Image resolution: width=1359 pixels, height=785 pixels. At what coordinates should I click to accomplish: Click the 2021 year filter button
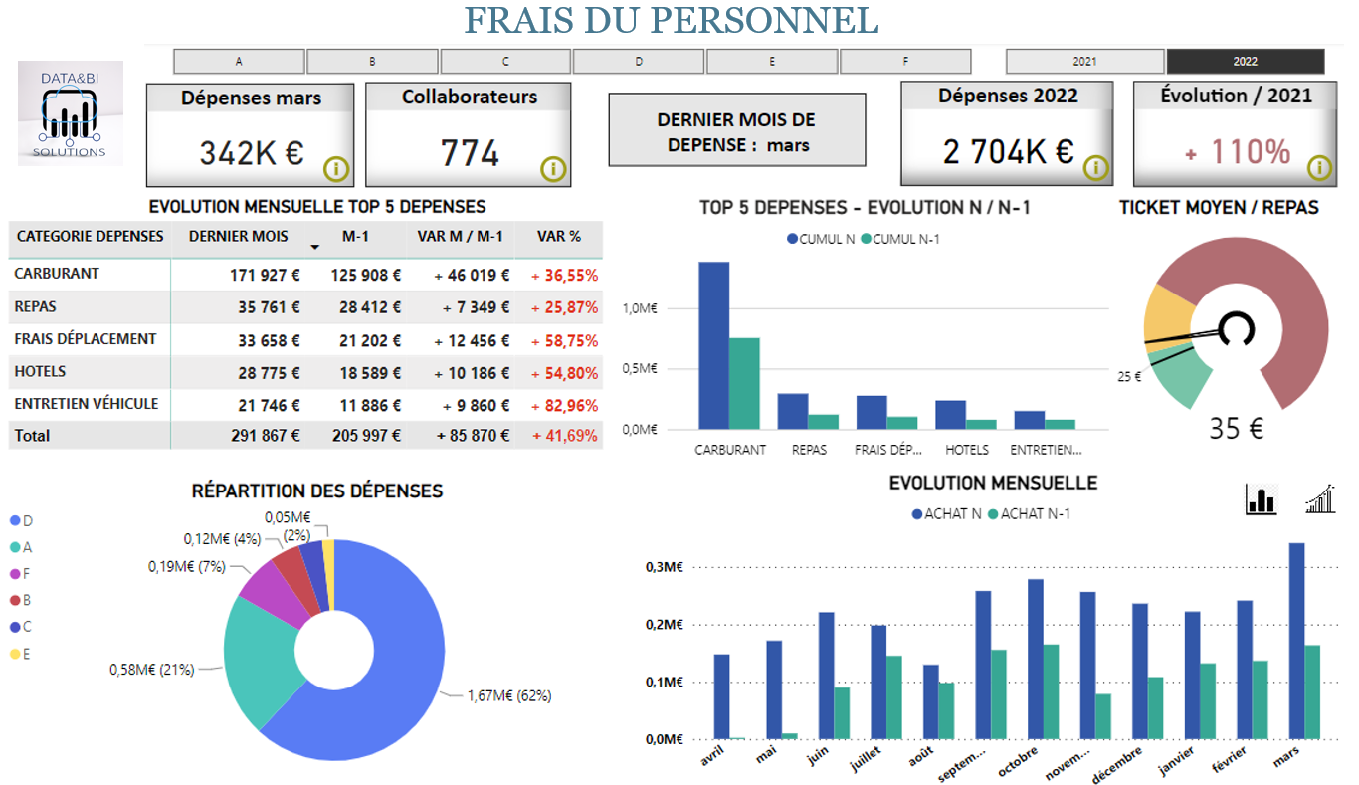1084,62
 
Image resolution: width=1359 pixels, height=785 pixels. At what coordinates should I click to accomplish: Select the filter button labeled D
639,62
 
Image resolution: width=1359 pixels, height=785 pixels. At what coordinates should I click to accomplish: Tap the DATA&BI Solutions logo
70,113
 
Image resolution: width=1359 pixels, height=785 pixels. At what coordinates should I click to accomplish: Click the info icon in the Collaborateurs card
553,169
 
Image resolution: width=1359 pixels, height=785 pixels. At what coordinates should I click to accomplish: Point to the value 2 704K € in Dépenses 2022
1008,151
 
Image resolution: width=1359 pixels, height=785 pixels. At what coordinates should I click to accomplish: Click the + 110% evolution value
1237,152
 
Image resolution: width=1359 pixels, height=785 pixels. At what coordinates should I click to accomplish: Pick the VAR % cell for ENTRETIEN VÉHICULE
564,405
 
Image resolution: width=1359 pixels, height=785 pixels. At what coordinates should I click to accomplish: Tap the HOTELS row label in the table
40,371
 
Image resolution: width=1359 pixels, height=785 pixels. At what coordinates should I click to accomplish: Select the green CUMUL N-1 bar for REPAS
823,422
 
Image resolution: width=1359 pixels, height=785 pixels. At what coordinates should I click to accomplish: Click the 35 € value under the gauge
1236,429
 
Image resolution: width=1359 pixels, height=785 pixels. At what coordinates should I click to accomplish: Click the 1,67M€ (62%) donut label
508,696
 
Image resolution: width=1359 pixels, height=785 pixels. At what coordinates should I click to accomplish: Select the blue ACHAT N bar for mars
1296,641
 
